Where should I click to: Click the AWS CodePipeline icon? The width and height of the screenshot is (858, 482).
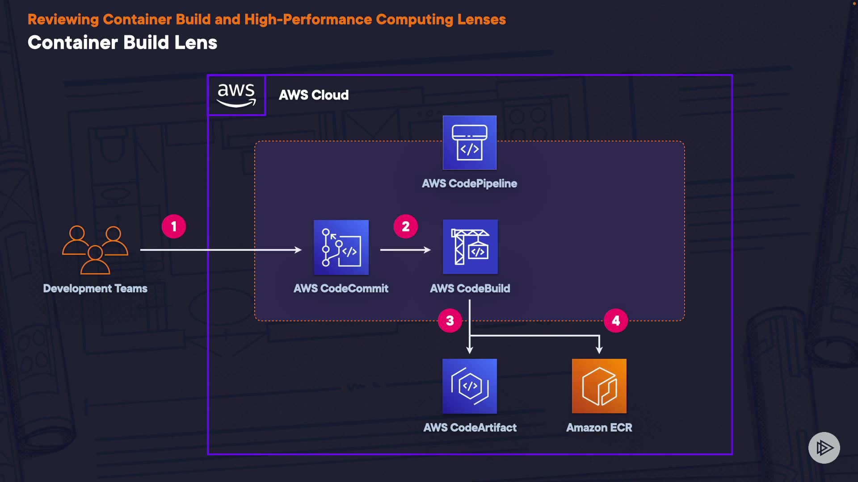click(469, 142)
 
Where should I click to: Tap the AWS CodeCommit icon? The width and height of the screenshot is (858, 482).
click(341, 247)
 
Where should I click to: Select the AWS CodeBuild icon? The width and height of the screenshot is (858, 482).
click(470, 247)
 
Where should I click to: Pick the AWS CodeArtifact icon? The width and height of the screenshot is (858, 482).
click(469, 386)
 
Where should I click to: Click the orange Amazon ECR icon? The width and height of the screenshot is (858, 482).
click(599, 386)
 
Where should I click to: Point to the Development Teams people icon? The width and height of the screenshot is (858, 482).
click(95, 249)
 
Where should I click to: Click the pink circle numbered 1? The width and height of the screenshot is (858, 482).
click(174, 227)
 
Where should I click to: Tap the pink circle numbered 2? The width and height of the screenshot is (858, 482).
click(405, 227)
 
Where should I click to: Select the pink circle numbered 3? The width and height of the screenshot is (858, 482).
click(450, 320)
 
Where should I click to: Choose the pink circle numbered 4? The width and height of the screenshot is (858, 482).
click(615, 320)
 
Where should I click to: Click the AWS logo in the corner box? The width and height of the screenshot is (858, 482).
click(236, 95)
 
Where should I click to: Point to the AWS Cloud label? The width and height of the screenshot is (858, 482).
click(314, 95)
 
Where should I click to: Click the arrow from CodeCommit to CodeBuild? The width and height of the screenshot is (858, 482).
click(405, 250)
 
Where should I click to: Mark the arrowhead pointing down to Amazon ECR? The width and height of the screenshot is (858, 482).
click(599, 350)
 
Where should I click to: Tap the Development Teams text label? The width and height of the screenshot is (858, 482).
click(95, 288)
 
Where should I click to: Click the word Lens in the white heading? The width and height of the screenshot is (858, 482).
click(196, 43)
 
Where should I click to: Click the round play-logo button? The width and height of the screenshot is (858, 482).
click(824, 448)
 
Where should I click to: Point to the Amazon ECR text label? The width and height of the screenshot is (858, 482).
click(599, 428)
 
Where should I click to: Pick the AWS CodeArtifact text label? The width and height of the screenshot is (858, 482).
click(470, 428)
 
